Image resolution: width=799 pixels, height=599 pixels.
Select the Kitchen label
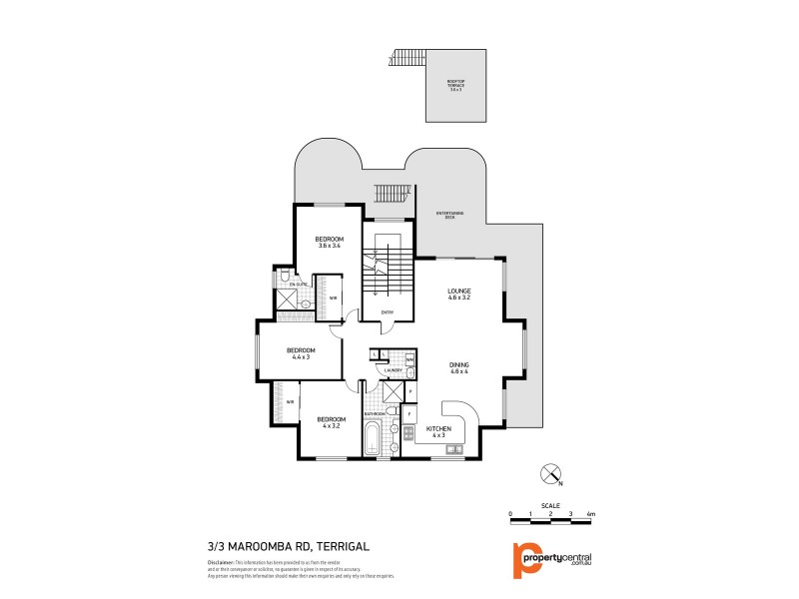(x=439, y=430)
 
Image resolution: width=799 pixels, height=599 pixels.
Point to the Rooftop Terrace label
(x=455, y=85)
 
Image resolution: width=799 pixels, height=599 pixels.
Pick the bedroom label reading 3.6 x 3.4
(x=330, y=242)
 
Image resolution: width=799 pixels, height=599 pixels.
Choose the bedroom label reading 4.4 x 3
(x=301, y=352)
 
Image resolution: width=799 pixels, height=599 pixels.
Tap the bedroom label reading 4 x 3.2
(x=331, y=421)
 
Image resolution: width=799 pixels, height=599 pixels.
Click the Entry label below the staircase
(x=387, y=312)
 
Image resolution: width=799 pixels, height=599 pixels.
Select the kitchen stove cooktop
(x=408, y=432)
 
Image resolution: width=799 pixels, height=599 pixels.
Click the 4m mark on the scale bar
(x=591, y=514)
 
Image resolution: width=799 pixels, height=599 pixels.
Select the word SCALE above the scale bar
(x=550, y=504)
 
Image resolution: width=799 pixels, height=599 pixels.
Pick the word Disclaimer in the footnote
(x=223, y=564)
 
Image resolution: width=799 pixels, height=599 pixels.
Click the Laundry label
(x=393, y=370)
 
